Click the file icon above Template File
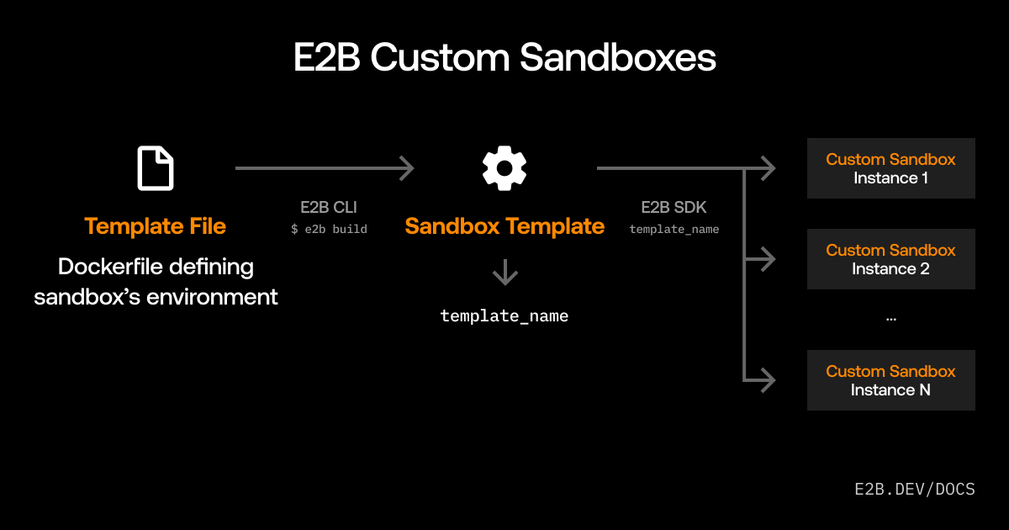pyautogui.click(x=156, y=168)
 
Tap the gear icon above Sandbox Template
pyautogui.click(x=504, y=167)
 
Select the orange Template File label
pyautogui.click(x=156, y=226)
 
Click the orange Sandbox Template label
pyautogui.click(x=504, y=226)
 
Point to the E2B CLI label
pyautogui.click(x=329, y=208)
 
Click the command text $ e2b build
pyautogui.click(x=329, y=229)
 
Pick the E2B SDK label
pyautogui.click(x=674, y=208)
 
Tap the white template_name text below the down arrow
pyautogui.click(x=504, y=316)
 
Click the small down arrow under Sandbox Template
pyautogui.click(x=504, y=273)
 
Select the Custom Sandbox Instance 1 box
pyautogui.click(x=890, y=168)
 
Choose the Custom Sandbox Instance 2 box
pyautogui.click(x=890, y=259)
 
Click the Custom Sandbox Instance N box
pyautogui.click(x=890, y=380)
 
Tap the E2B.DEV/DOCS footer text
pyautogui.click(x=914, y=489)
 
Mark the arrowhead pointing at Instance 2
pyautogui.click(x=767, y=259)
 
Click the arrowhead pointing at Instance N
pyautogui.click(x=767, y=380)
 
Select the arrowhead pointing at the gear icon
pyautogui.click(x=406, y=168)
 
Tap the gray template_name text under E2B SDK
pyautogui.click(x=674, y=229)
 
